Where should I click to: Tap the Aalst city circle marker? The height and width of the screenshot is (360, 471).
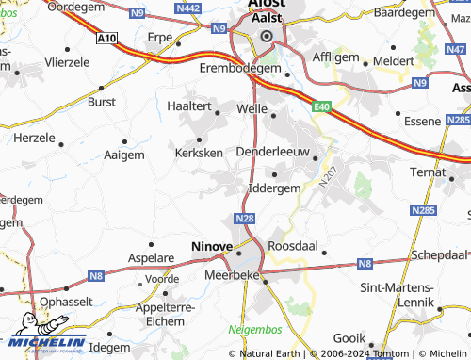(266, 36)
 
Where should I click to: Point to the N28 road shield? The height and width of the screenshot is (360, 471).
(245, 219)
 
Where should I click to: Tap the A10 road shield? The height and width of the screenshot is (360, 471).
(106, 39)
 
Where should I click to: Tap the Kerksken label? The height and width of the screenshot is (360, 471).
(198, 151)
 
